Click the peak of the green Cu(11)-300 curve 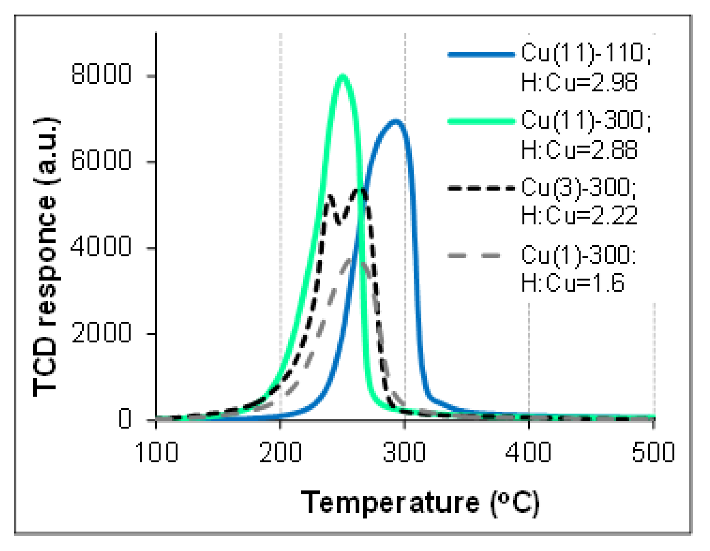point(342,76)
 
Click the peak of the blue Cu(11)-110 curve point(395,122)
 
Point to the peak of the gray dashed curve point(354,261)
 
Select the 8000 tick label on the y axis point(101,74)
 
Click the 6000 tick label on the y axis point(101,160)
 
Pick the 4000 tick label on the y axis point(101,246)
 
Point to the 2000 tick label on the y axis point(101,332)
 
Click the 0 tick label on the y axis point(125,419)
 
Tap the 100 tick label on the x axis point(157,453)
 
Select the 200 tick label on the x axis point(281,453)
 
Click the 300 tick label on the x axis point(405,453)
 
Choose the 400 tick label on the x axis point(529,453)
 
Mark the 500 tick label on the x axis point(653,453)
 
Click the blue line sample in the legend point(481,55)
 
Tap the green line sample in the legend point(481,122)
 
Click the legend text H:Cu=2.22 point(579,215)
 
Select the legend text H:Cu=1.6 point(573,283)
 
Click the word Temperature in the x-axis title point(390,502)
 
